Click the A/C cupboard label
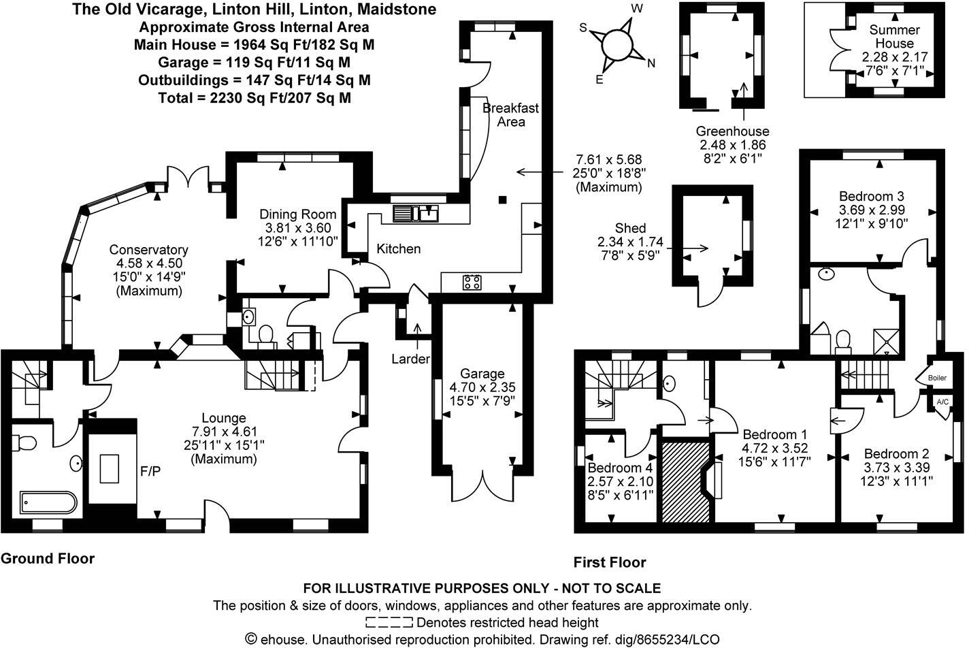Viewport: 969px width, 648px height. [x=942, y=402]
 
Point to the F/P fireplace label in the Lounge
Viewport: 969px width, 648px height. [x=150, y=471]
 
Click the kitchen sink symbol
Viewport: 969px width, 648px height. [x=415, y=213]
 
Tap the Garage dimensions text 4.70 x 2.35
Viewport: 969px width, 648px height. [x=482, y=387]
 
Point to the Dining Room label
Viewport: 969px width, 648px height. [x=298, y=214]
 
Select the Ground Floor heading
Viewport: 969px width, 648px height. [x=47, y=559]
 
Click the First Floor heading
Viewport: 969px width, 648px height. [x=609, y=562]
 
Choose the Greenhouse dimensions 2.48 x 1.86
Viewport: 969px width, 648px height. [x=732, y=145]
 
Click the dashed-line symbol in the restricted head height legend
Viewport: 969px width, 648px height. [x=389, y=622]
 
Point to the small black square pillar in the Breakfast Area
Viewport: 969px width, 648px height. [x=502, y=199]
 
